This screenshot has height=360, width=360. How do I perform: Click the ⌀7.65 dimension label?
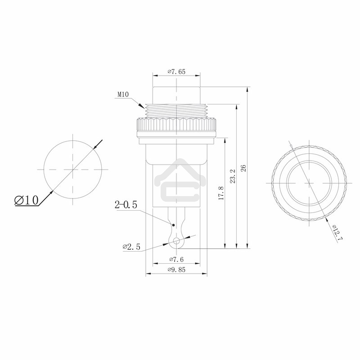click(x=176, y=72)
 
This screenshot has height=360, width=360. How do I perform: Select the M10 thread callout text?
click(x=123, y=94)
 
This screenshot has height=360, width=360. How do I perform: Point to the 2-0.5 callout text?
click(x=126, y=206)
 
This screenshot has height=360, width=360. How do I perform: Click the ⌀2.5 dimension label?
click(x=131, y=247)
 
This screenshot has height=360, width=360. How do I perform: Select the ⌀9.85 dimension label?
click(x=177, y=269)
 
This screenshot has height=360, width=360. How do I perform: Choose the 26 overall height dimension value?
click(x=243, y=168)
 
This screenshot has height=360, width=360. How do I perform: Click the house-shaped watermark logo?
click(x=176, y=180)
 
